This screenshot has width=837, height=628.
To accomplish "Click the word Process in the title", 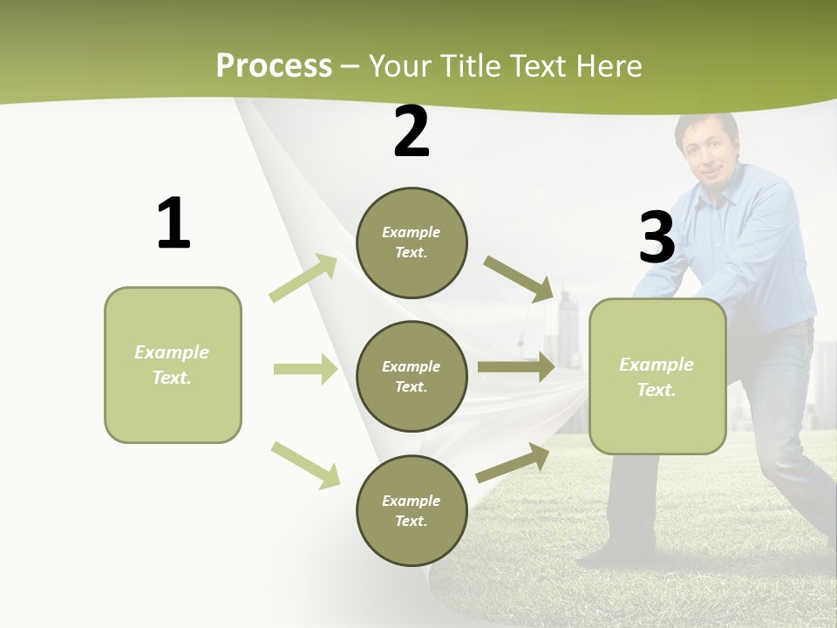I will pyautogui.click(x=274, y=66).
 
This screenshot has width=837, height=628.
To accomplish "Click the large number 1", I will pyautogui.click(x=173, y=224).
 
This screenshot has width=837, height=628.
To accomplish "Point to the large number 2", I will pyautogui.click(x=412, y=133).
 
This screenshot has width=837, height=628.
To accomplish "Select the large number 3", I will pyautogui.click(x=657, y=237).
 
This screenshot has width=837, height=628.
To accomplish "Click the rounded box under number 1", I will pyautogui.click(x=173, y=365).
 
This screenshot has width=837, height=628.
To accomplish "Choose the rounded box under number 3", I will pyautogui.click(x=657, y=376).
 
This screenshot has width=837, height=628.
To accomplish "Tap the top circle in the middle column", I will pyautogui.click(x=412, y=242).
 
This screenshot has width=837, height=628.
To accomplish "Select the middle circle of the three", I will pyautogui.click(x=412, y=376).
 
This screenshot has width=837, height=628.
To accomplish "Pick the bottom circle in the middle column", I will pyautogui.click(x=412, y=510).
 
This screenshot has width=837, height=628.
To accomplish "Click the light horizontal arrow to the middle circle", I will pyautogui.click(x=305, y=369).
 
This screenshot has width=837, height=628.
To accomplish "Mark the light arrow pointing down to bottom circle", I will pyautogui.click(x=305, y=464).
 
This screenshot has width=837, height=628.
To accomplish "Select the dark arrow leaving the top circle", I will pyautogui.click(x=518, y=278).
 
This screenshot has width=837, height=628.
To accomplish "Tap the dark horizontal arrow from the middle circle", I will pyautogui.click(x=516, y=367).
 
